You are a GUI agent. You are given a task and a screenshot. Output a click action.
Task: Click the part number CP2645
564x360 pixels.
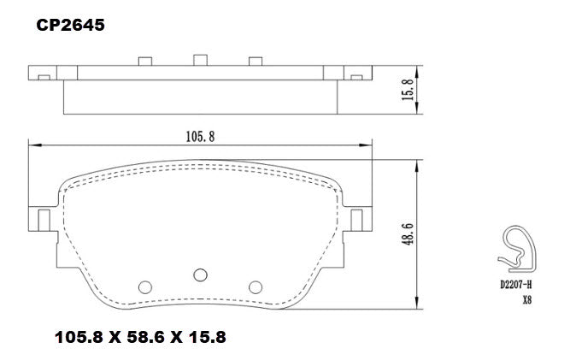pos(70,26)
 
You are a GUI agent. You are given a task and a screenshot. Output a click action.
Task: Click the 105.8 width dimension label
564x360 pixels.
pos(200,134)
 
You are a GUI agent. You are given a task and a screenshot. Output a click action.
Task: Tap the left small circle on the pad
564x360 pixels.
pos(144,286)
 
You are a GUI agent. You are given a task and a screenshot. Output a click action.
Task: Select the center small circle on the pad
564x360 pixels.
pos(200,274)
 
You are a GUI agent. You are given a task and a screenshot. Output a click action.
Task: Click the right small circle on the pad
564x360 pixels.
pos(255,286)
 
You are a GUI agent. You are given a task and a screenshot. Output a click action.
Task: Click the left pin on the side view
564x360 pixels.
pos(144,61)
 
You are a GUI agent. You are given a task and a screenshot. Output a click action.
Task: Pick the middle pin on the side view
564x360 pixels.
pos(200,59)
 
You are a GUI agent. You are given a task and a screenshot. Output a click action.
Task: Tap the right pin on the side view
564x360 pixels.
pos(255,61)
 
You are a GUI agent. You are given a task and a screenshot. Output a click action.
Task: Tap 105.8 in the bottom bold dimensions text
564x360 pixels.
pos(79,337)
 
